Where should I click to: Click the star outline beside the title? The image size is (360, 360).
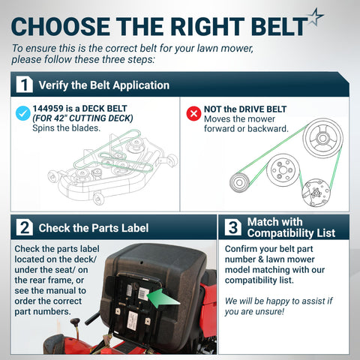[316, 16]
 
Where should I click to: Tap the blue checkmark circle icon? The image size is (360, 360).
[23, 113]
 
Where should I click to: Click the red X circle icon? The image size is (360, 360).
[193, 113]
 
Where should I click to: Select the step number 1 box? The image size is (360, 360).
[25, 85]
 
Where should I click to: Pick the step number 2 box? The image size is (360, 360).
[25, 227]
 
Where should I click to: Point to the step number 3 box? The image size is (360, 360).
[232, 227]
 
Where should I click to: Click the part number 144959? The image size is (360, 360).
[48, 109]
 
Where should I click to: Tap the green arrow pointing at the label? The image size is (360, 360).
[163, 298]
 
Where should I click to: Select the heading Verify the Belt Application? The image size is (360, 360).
[104, 85]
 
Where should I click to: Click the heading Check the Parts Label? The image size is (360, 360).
[94, 228]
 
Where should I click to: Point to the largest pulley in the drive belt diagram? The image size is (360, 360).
[322, 138]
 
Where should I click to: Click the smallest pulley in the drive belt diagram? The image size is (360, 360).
[239, 182]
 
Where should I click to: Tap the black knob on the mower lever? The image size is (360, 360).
[75, 322]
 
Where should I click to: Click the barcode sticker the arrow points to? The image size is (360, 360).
[143, 293]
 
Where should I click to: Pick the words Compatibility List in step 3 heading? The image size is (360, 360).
[291, 233]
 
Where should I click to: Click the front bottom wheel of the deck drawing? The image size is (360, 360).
[98, 199]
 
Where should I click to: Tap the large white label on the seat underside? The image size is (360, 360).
[132, 321]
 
